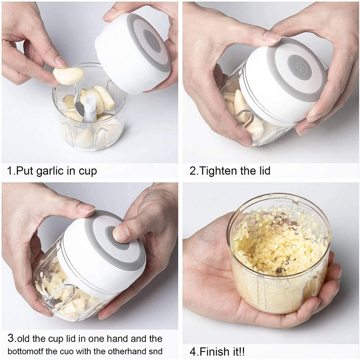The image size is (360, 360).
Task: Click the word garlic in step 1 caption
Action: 50,171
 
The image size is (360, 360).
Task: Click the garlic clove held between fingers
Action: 68,76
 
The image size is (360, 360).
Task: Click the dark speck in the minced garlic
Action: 279,271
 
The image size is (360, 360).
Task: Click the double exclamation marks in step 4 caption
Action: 242,351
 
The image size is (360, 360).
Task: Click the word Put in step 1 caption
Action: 25,171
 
